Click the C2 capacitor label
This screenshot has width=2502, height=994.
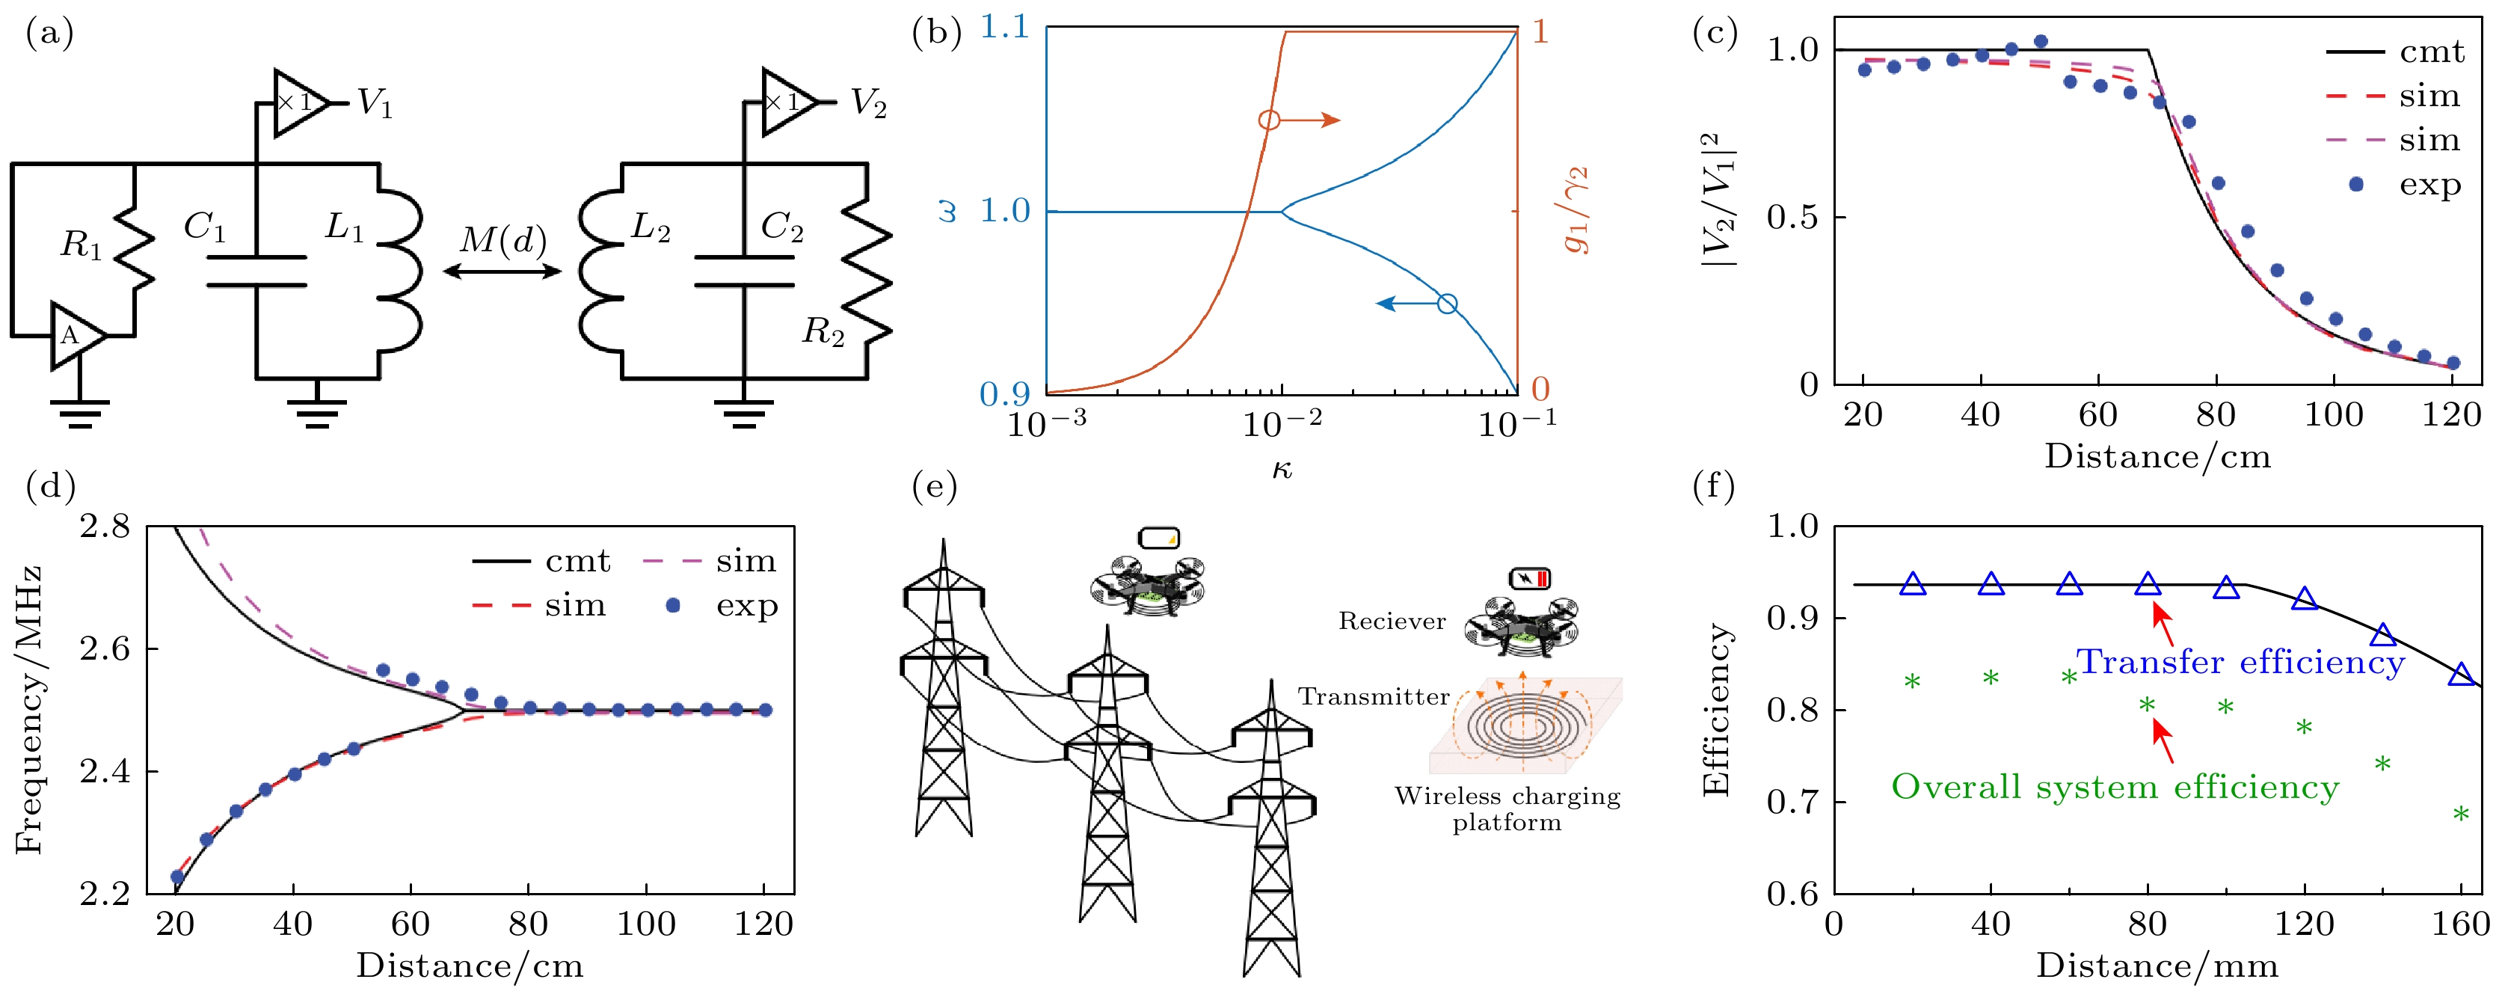click(x=782, y=227)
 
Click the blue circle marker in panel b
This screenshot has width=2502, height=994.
click(x=1446, y=304)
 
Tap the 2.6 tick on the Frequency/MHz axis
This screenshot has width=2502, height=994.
click(x=105, y=648)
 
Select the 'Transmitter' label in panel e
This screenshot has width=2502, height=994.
click(x=1374, y=696)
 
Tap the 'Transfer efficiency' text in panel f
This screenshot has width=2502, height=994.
click(x=2240, y=663)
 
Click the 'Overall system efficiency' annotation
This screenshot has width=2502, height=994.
click(x=2115, y=787)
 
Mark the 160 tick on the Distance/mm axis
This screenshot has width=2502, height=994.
click(x=2460, y=922)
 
